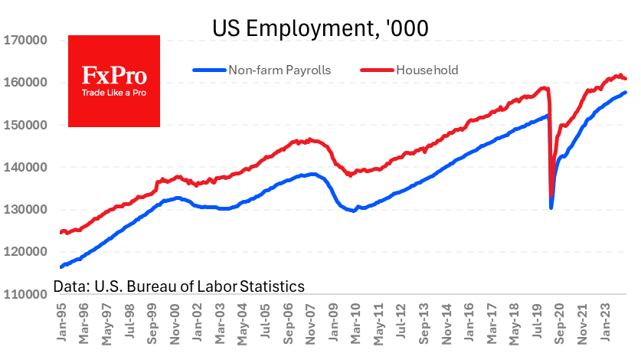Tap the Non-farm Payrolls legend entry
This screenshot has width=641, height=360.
click(279, 70)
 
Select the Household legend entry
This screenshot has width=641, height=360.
click(426, 70)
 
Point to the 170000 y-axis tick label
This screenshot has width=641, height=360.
click(28, 40)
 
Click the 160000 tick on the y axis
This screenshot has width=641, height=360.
click(28, 83)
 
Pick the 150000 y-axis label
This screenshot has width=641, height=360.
click(28, 125)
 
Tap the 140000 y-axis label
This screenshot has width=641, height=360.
click(28, 167)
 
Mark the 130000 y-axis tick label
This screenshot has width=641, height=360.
click(28, 209)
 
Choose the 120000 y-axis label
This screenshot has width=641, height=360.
click(28, 251)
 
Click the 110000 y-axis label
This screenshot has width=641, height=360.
click(28, 293)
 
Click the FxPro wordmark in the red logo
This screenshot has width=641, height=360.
click(114, 76)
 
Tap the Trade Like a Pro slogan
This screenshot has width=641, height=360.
click(114, 93)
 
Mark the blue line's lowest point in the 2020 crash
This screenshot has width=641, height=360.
click(551, 207)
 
